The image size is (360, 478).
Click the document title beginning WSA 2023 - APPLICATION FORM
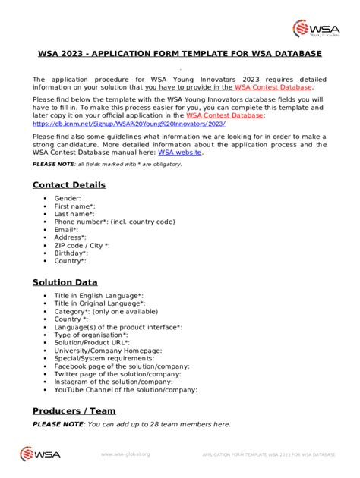180,54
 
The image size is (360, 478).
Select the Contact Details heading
68,184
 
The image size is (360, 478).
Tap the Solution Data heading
65,282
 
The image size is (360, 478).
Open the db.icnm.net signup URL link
128,123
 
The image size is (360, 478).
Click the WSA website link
180,152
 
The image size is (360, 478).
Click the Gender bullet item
68,198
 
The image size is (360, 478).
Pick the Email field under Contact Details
66,229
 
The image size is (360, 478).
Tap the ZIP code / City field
82,245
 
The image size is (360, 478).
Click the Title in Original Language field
99,303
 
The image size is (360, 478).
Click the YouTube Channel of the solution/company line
126,390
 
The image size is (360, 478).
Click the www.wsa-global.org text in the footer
125,454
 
